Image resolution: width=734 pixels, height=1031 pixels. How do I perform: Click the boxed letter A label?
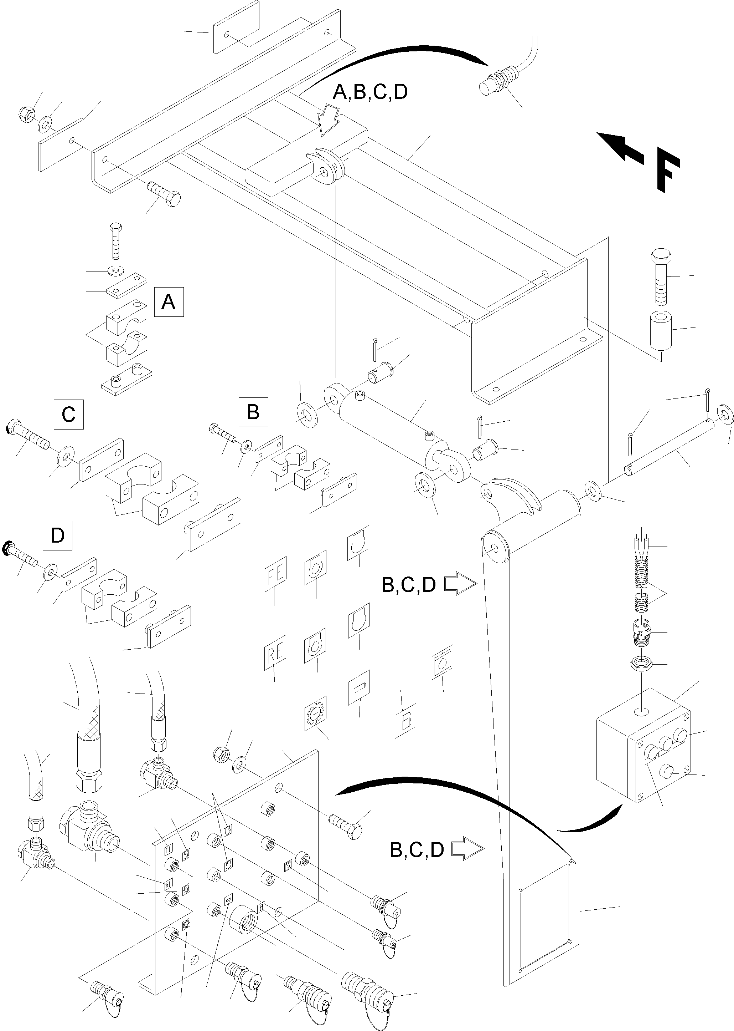click(x=169, y=301)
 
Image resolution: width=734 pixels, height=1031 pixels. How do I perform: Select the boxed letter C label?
click(x=69, y=414)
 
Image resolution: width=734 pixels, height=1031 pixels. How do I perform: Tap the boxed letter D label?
click(x=57, y=535)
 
